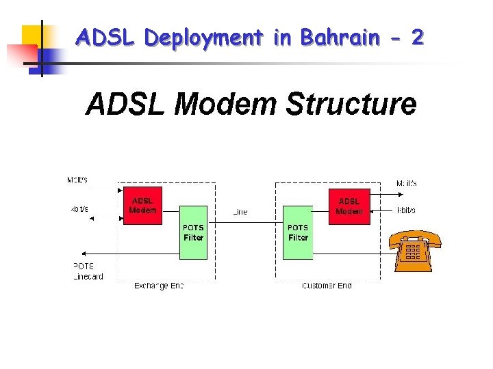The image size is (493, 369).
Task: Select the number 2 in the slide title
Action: (417, 38)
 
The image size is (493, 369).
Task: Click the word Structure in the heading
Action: (351, 105)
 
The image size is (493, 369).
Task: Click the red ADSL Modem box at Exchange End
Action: (142, 206)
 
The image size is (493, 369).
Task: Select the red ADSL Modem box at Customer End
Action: (349, 206)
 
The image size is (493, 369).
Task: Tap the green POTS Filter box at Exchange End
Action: (193, 232)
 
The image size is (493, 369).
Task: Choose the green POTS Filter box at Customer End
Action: (298, 232)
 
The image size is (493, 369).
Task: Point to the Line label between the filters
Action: (240, 213)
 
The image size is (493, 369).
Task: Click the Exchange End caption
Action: (159, 286)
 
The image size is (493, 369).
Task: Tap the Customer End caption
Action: (327, 286)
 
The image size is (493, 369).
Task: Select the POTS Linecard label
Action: (88, 271)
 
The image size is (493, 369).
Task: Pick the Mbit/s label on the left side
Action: (77, 180)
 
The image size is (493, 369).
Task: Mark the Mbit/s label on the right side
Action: (407, 183)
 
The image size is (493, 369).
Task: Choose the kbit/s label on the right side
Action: (406, 210)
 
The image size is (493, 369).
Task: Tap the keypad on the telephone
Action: (413, 253)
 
